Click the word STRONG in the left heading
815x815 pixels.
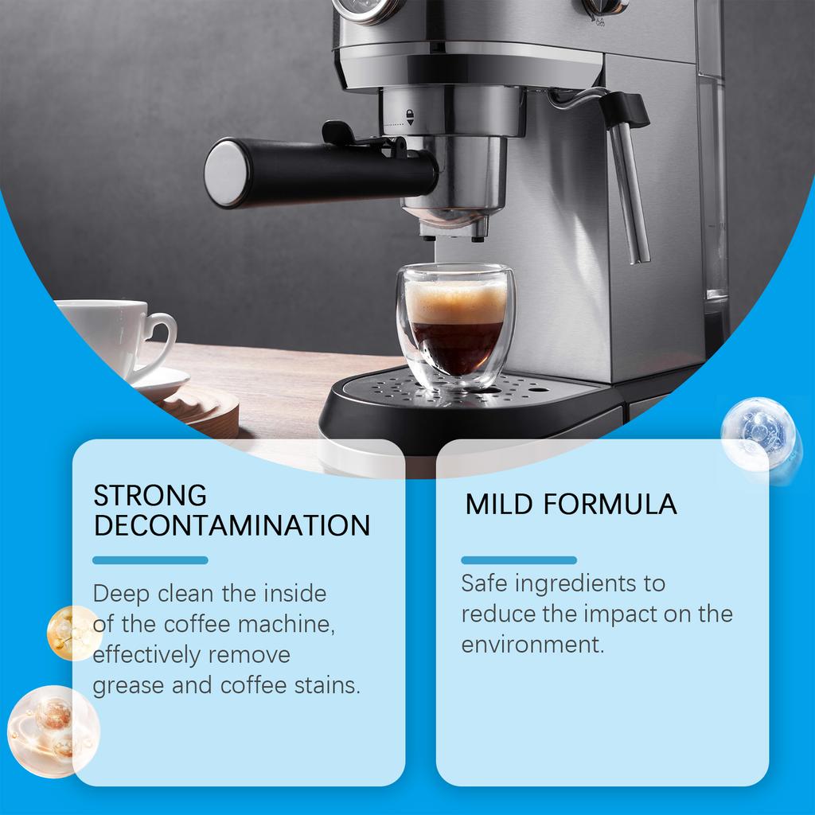coord(150,495)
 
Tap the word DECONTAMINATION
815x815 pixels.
coord(232,525)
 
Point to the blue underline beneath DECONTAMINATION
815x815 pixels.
coord(150,560)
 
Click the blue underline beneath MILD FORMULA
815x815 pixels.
coord(519,560)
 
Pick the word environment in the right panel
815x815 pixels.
coord(532,644)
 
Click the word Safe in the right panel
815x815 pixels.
coord(485,583)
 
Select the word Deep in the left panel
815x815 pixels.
coord(122,593)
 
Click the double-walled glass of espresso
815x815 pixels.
coord(455,326)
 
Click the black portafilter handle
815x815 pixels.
coord(318,172)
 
